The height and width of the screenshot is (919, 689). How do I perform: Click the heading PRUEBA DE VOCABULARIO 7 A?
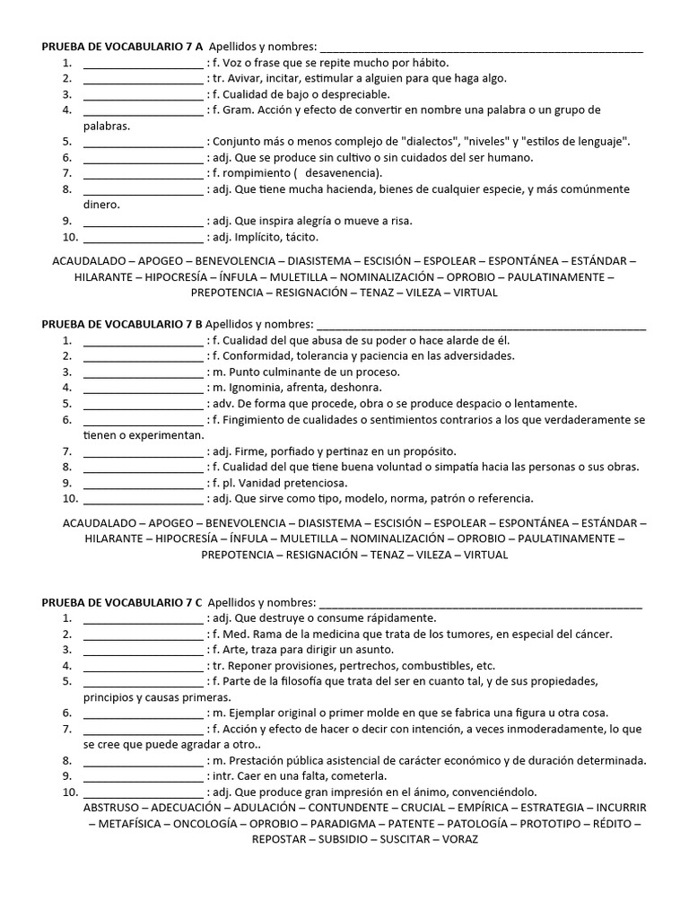122,47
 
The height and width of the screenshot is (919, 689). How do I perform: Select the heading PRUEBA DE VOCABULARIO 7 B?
122,324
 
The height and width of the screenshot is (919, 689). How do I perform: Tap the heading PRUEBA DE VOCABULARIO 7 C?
122,602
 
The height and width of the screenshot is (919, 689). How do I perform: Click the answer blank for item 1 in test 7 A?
144,64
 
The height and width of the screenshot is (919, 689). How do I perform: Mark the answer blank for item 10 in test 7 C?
144,792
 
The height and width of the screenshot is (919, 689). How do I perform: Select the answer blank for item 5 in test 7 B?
144,404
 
